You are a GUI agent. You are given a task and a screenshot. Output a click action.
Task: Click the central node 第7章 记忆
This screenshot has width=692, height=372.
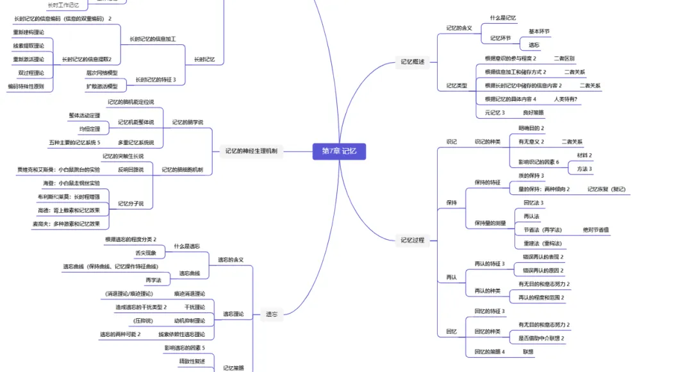click(x=339, y=151)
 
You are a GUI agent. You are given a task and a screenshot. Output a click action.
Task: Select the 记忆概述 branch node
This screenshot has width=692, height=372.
click(x=412, y=62)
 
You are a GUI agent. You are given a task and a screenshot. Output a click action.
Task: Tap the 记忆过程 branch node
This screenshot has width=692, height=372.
click(x=412, y=241)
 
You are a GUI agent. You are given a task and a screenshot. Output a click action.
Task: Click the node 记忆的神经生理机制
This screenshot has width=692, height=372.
click(x=251, y=151)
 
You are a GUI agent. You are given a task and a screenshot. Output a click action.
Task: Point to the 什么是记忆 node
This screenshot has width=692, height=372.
click(x=503, y=18)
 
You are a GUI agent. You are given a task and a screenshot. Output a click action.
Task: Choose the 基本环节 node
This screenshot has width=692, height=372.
click(x=539, y=31)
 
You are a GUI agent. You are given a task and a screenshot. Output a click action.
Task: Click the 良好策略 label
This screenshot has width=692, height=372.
click(x=533, y=112)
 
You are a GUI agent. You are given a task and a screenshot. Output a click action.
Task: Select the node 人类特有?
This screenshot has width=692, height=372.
click(x=566, y=99)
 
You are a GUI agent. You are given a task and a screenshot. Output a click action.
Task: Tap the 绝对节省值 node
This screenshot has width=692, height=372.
click(x=596, y=230)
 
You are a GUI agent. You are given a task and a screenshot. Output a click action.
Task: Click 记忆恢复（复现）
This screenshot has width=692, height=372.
click(x=606, y=189)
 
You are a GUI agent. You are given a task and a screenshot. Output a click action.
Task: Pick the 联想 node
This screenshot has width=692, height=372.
click(x=528, y=351)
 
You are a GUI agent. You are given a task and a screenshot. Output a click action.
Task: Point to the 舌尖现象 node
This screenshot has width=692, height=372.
click(x=147, y=253)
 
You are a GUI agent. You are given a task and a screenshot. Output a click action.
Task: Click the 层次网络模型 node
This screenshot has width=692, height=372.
click(x=102, y=73)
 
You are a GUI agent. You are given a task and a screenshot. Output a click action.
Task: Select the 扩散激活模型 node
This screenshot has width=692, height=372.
click(x=102, y=87)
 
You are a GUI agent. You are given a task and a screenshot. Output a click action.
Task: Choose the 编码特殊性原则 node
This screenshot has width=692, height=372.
click(x=26, y=86)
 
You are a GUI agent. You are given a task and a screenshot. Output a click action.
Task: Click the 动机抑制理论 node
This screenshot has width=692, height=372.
click(x=190, y=320)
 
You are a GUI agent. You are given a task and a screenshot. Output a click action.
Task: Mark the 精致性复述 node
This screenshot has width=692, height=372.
click(x=192, y=361)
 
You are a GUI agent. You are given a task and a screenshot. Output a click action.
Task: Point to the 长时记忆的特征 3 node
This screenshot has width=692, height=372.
click(x=156, y=80)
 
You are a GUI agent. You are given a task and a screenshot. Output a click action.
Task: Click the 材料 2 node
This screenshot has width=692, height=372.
click(x=585, y=155)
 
